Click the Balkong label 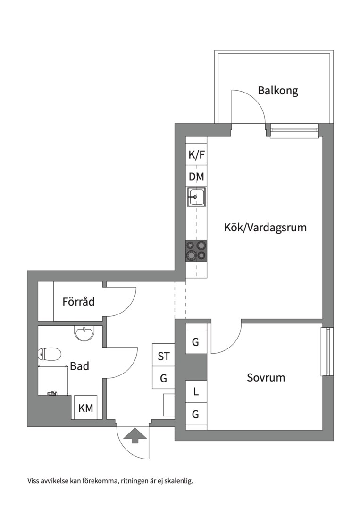click(x=278, y=90)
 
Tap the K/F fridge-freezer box click(x=196, y=154)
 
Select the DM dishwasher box click(x=196, y=177)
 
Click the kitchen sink click(x=196, y=196)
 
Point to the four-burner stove click(x=196, y=250)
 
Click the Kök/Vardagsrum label click(x=265, y=227)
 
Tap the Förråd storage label click(x=78, y=301)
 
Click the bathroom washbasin click(x=85, y=333)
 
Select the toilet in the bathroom click(x=50, y=353)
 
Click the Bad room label click(x=80, y=366)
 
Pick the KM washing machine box click(x=85, y=408)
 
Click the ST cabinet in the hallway click(x=164, y=356)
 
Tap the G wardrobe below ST click(x=164, y=378)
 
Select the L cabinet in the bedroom click(x=196, y=391)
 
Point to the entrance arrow click(x=134, y=435)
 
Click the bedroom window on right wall click(x=327, y=351)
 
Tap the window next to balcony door click(x=294, y=130)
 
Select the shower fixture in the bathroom click(x=52, y=393)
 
